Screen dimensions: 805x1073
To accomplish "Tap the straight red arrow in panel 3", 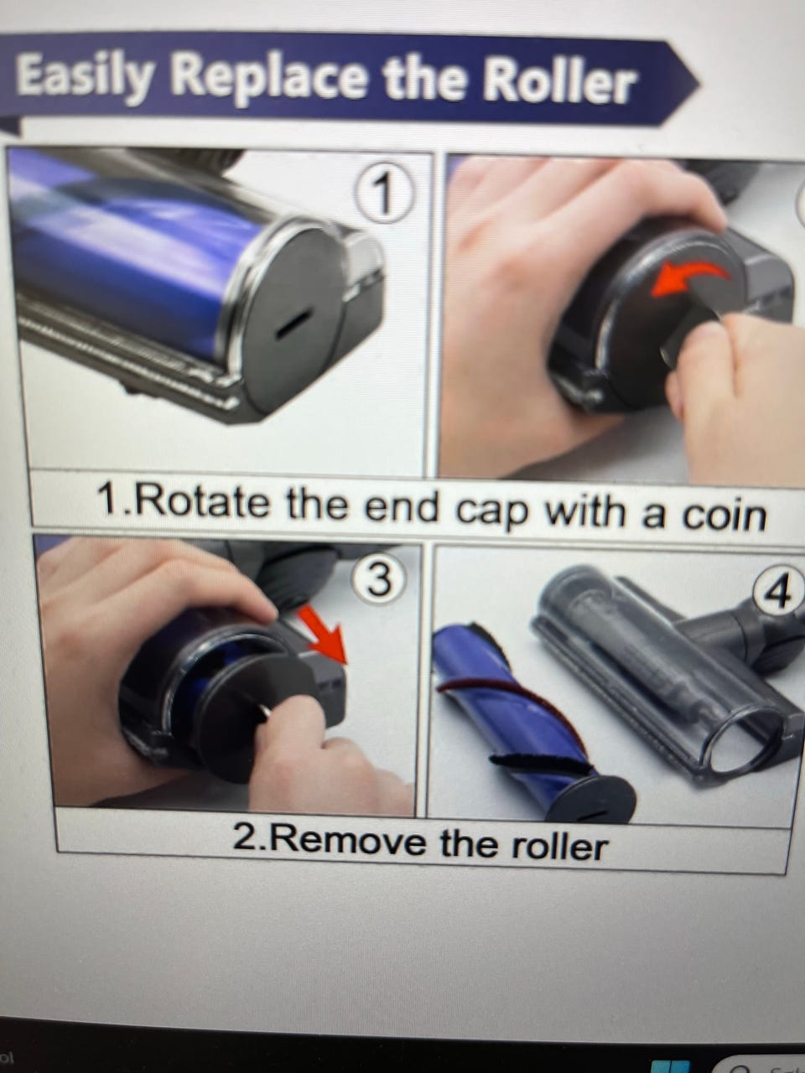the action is [x=323, y=633].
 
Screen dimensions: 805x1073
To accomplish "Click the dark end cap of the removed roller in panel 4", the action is [x=590, y=798].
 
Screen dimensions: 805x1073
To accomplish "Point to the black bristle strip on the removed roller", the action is [x=538, y=760].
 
